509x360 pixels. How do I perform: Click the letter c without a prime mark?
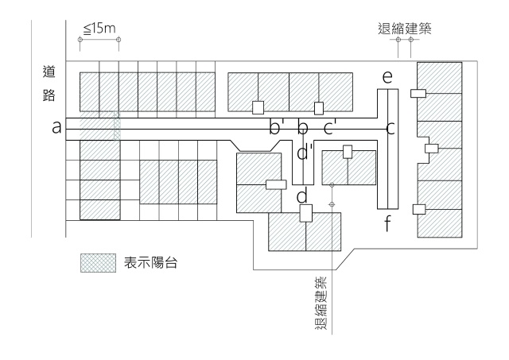pos(390,127)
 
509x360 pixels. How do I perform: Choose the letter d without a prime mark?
pos(302,195)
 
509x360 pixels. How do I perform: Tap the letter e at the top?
pos(387,77)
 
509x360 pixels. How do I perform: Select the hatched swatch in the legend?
pos(98,263)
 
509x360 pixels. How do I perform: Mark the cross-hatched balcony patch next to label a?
pos(108,127)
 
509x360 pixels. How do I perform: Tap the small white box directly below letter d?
pos(305,214)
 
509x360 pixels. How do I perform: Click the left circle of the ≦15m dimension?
pos(80,39)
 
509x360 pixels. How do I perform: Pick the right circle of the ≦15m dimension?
pos(119,39)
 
